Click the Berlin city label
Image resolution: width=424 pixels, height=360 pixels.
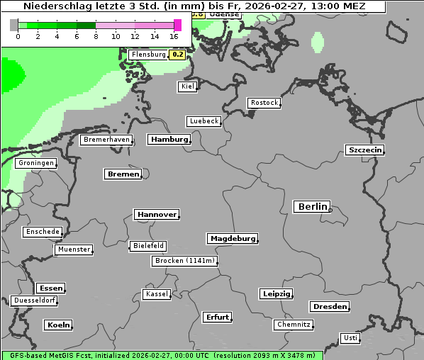click(x=312, y=206)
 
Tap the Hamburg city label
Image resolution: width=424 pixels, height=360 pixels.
click(x=169, y=140)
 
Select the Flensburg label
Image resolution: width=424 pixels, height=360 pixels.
click(x=148, y=54)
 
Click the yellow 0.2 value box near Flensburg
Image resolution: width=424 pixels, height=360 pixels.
click(x=178, y=54)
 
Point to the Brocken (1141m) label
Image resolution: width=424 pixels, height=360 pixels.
click(x=184, y=261)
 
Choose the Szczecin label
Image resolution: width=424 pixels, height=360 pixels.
click(x=364, y=150)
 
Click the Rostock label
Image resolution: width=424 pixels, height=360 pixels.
click(x=264, y=103)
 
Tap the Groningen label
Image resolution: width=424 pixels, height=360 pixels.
click(x=35, y=163)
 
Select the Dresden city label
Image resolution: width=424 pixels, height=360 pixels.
click(x=329, y=307)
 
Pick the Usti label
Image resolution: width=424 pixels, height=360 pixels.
click(x=350, y=338)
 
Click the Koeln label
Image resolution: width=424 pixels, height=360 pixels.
click(x=58, y=325)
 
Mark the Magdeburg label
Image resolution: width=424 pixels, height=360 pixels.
click(x=233, y=238)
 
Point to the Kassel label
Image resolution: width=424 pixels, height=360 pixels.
click(x=156, y=294)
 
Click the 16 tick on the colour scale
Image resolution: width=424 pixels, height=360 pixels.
click(x=174, y=35)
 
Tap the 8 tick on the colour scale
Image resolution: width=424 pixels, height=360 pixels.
click(x=96, y=35)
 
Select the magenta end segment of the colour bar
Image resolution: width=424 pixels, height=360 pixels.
click(x=177, y=25)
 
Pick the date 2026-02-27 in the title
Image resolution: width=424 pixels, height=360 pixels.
click(x=268, y=6)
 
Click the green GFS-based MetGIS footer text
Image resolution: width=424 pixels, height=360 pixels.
click(x=162, y=355)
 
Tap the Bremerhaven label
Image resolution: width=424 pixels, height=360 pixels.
click(x=106, y=140)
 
